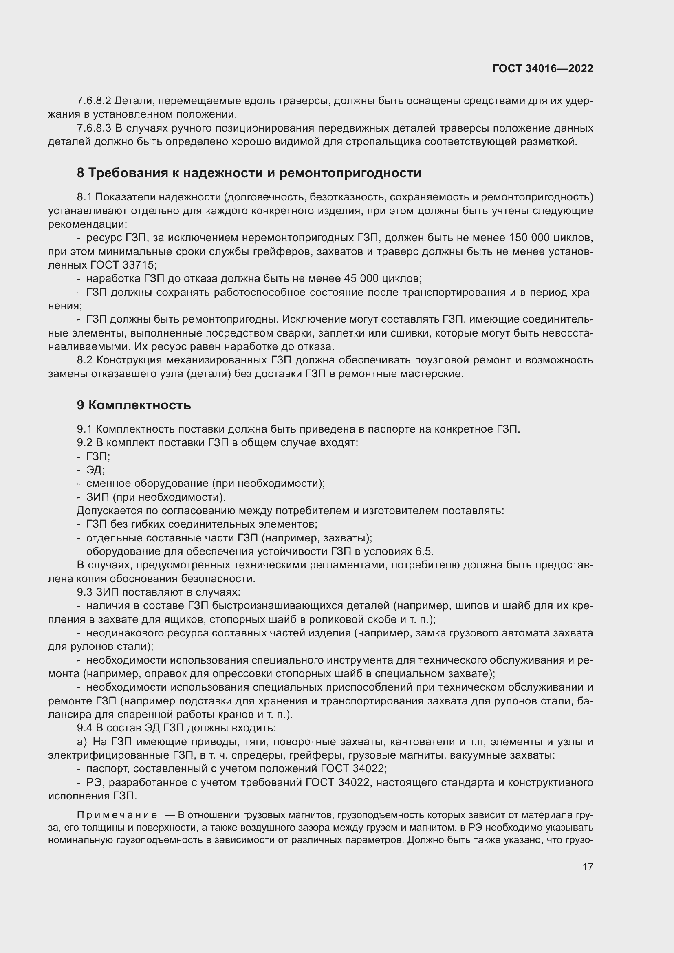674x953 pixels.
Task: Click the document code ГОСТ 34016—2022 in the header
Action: pyautogui.click(x=543, y=68)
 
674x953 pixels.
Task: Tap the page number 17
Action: pyautogui.click(x=588, y=867)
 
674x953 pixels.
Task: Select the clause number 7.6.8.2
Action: pyautogui.click(x=94, y=101)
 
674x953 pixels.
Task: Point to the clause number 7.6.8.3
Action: pyautogui.click(x=94, y=128)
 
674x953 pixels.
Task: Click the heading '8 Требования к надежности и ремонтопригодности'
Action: pyautogui.click(x=249, y=173)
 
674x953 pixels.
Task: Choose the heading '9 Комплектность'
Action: pyautogui.click(x=134, y=405)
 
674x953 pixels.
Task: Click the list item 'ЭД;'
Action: pyautogui.click(x=95, y=470)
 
